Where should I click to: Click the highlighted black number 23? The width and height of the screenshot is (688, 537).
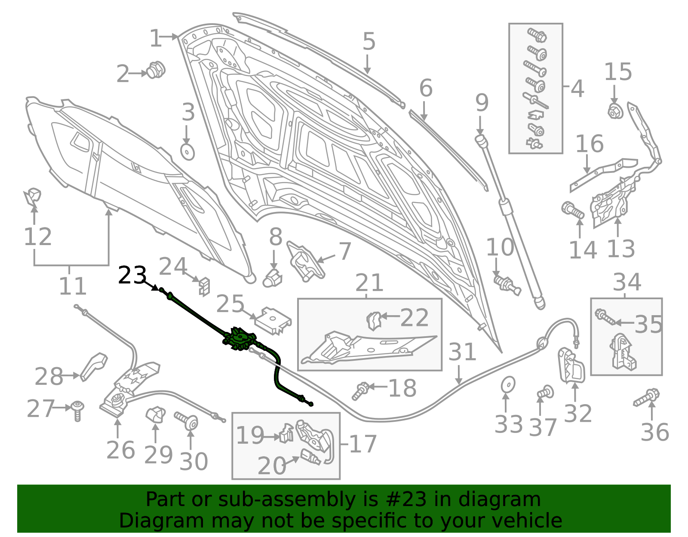pyautogui.click(x=132, y=275)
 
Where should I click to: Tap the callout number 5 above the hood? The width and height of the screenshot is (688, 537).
pyautogui.click(x=369, y=41)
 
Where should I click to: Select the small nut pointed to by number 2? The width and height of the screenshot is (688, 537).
pyautogui.click(x=156, y=70)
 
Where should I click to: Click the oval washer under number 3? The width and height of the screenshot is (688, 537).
pyautogui.click(x=187, y=152)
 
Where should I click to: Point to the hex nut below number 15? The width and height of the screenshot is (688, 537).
pyautogui.click(x=615, y=111)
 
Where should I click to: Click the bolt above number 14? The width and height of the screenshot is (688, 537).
pyautogui.click(x=573, y=210)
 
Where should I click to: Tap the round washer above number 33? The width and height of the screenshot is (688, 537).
pyautogui.click(x=508, y=384)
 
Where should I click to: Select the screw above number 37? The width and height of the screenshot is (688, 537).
pyautogui.click(x=545, y=393)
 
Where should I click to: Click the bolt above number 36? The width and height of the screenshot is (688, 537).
pyautogui.click(x=647, y=397)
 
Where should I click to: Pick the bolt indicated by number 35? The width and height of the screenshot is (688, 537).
pyautogui.click(x=605, y=317)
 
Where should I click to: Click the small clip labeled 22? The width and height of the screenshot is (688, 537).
pyautogui.click(x=374, y=321)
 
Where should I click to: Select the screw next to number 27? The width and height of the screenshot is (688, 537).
pyautogui.click(x=77, y=411)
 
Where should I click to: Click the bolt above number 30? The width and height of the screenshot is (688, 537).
pyautogui.click(x=187, y=420)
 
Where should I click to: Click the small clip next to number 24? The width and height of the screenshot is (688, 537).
pyautogui.click(x=205, y=286)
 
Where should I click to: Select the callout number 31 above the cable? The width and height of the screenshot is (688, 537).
pyautogui.click(x=462, y=352)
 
